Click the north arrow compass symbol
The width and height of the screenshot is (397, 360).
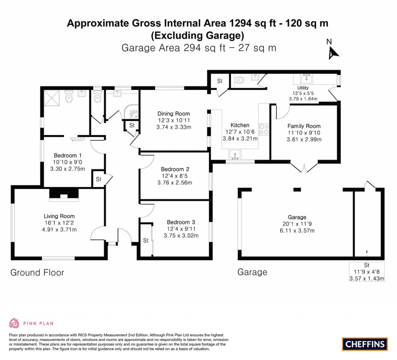tap(333, 52)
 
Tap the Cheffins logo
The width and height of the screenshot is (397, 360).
tap(365, 344)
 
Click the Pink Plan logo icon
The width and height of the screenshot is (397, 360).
tap(14, 323)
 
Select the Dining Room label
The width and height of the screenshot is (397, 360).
tap(174, 114)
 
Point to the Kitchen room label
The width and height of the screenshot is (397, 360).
tap(240, 125)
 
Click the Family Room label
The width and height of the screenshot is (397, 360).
tap(304, 126)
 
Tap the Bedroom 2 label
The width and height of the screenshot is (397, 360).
tap(175, 169)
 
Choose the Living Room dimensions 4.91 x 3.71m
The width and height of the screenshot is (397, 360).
tap(59, 229)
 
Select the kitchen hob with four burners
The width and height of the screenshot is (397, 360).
tap(264, 129)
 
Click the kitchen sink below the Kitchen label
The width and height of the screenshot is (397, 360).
tap(235, 156)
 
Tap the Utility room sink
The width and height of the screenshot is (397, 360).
tap(309, 80)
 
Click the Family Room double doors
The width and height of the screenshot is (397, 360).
tap(305, 168)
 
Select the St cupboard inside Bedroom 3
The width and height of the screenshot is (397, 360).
tap(146, 241)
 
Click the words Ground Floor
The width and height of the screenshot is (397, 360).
tap(37, 272)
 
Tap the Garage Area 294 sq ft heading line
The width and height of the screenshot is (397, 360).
tap(198, 48)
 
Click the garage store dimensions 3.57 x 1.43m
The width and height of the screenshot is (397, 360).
tap(366, 279)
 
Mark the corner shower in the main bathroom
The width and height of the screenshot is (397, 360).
tap(132, 112)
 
